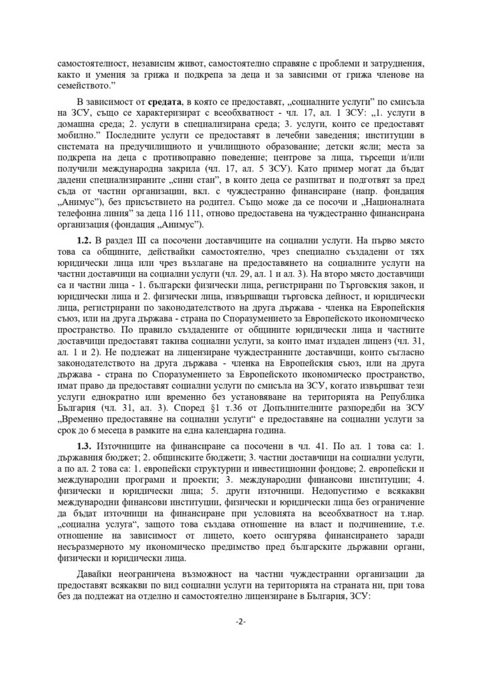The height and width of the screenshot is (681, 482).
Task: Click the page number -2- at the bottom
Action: (241, 622)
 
